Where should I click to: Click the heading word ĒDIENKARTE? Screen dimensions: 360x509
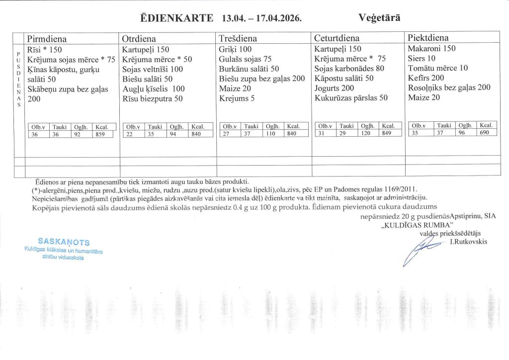point(177,19)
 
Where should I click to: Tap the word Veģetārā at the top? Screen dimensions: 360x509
point(379,17)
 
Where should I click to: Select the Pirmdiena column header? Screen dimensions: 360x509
point(47,39)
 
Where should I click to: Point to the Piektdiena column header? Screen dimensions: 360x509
point(428,38)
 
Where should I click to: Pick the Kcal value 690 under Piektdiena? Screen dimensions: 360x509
point(485,133)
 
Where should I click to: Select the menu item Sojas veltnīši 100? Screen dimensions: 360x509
point(153,69)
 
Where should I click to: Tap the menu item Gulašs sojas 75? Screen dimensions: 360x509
point(245,59)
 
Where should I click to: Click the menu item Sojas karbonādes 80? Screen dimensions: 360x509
point(349,69)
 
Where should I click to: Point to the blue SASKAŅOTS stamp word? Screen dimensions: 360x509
point(67,242)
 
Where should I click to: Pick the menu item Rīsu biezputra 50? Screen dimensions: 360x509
point(152,98)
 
